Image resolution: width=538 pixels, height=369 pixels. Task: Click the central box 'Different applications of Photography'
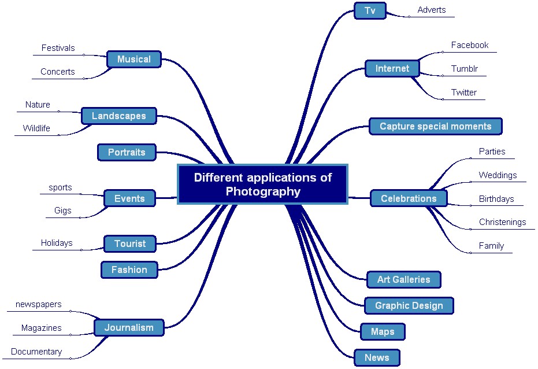click(x=262, y=184)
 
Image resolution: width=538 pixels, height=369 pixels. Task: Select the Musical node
click(x=133, y=59)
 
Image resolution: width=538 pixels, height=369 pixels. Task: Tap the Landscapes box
click(x=118, y=116)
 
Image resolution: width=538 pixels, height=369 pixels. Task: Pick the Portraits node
click(x=127, y=153)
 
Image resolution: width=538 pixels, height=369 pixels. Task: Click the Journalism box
click(x=129, y=327)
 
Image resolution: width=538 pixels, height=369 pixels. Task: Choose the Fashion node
click(x=129, y=270)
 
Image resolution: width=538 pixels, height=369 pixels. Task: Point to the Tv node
click(x=370, y=10)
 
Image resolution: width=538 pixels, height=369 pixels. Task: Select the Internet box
click(x=392, y=68)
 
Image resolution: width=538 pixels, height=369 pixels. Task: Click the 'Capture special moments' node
click(x=435, y=126)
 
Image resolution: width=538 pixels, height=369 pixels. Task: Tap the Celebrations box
click(x=409, y=198)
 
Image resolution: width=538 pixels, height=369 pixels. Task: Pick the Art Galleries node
click(x=403, y=279)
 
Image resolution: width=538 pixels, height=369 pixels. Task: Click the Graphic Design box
click(x=409, y=305)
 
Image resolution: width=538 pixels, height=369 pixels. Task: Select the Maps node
click(x=382, y=331)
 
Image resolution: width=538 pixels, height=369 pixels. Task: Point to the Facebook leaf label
click(x=469, y=45)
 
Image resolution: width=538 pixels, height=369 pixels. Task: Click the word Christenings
click(x=502, y=222)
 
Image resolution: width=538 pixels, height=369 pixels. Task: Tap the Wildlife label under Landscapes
click(x=36, y=128)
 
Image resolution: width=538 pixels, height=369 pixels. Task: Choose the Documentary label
click(x=36, y=352)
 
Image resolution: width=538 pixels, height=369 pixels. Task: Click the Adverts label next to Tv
click(x=432, y=10)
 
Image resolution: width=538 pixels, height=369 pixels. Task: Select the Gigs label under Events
click(x=63, y=211)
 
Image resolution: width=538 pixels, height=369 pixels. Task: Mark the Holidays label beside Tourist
click(x=57, y=243)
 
